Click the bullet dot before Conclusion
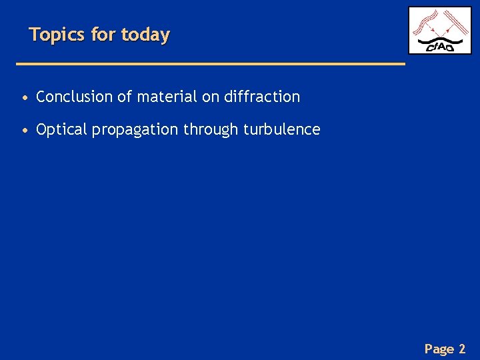tap(25, 97)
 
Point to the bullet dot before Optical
tap(25, 130)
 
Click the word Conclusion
tap(75, 97)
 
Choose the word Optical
tap(62, 129)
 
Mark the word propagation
tap(135, 130)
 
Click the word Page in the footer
tap(439, 349)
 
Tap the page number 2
tap(462, 349)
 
